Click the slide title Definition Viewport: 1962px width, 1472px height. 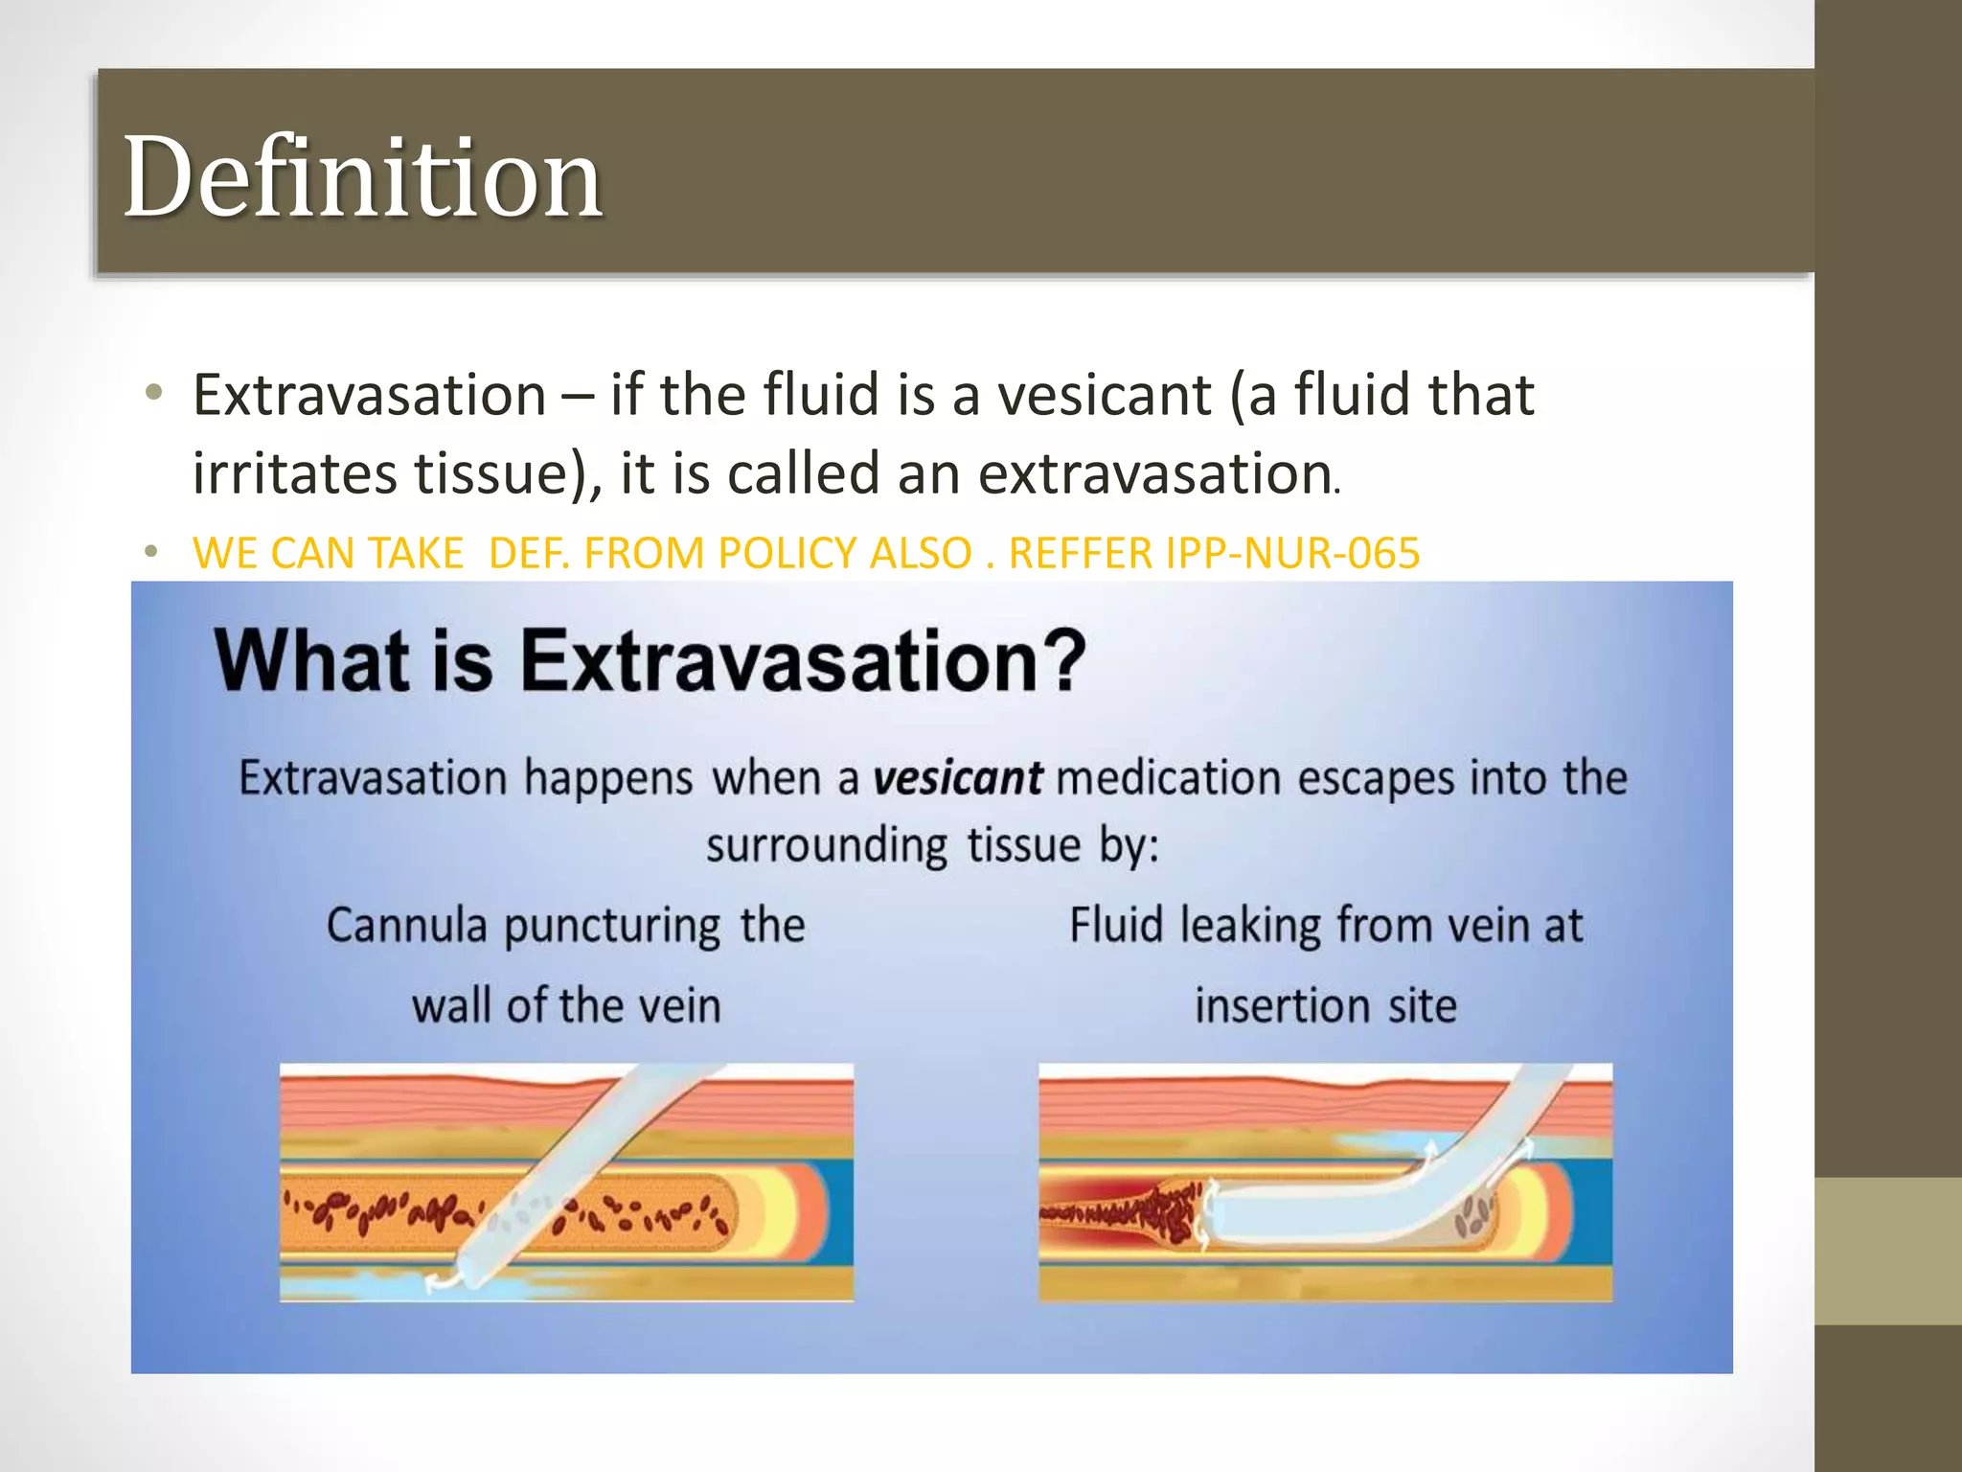[x=362, y=177]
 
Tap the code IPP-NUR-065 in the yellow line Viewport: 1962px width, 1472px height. [x=1293, y=553]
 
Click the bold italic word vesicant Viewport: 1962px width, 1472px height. [x=957, y=777]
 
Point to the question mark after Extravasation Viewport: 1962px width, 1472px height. [x=1062, y=660]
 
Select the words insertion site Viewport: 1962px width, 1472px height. [x=1325, y=1006]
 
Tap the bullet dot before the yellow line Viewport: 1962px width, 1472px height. [x=150, y=552]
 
